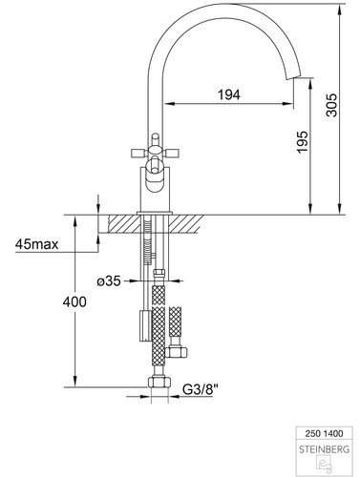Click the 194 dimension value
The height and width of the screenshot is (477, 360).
(x=229, y=94)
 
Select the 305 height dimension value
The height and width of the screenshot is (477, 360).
(x=331, y=105)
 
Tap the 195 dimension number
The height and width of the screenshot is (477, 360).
(x=303, y=141)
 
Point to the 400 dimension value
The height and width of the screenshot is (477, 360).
(x=74, y=301)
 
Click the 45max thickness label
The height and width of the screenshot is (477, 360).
(x=37, y=244)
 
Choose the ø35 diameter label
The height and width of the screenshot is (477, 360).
(x=109, y=280)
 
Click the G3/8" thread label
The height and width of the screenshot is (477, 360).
(x=201, y=389)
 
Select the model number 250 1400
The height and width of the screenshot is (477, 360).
(x=324, y=433)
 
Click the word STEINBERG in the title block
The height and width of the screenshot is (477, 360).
(x=324, y=449)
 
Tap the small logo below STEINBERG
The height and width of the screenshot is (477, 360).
(x=325, y=465)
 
